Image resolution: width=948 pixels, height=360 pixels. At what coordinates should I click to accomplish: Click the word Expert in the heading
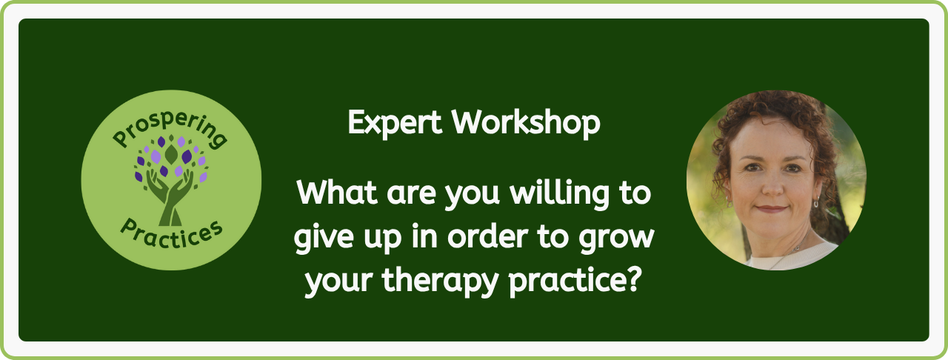pyautogui.click(x=395, y=123)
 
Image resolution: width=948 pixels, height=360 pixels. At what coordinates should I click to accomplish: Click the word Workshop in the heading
pyautogui.click(x=526, y=122)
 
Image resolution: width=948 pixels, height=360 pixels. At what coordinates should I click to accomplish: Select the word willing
pyautogui.click(x=559, y=196)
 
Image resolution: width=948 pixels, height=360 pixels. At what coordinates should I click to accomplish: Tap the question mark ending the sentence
pyautogui.click(x=632, y=279)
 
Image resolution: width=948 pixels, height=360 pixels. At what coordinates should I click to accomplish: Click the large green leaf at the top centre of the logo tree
pyautogui.click(x=171, y=154)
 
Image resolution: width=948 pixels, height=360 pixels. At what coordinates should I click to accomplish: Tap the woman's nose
pyautogui.click(x=772, y=185)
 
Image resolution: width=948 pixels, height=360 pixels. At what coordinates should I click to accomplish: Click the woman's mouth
pyautogui.click(x=772, y=209)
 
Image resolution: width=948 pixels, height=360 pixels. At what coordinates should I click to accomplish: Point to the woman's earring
pyautogui.click(x=815, y=202)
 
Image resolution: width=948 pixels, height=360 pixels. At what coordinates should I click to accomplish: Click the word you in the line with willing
pyautogui.click(x=473, y=196)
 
